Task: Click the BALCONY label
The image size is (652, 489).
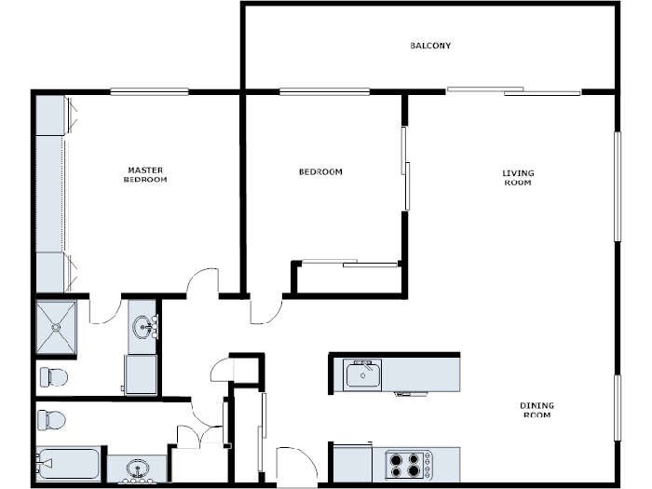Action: point(430,46)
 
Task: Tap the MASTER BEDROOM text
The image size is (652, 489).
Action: point(145,174)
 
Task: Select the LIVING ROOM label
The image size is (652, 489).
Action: point(518,177)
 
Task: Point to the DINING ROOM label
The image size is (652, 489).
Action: point(536,409)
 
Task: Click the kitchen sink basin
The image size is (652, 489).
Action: point(362,375)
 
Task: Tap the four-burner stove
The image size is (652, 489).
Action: point(409,464)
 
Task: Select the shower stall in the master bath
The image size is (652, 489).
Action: point(56,327)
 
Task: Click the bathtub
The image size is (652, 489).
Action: point(68,463)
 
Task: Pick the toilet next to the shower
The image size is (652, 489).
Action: point(53,377)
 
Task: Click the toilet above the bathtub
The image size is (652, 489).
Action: point(52,420)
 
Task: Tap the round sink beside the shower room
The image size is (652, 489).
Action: point(144,327)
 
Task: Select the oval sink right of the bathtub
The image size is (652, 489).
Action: point(137,468)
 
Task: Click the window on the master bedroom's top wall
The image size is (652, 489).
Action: point(149,91)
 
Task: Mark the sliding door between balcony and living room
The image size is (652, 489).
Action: point(513,91)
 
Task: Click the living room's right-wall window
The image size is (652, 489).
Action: point(617,186)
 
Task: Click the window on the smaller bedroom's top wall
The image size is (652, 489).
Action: point(324,91)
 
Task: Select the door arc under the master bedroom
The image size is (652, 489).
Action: point(202,283)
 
